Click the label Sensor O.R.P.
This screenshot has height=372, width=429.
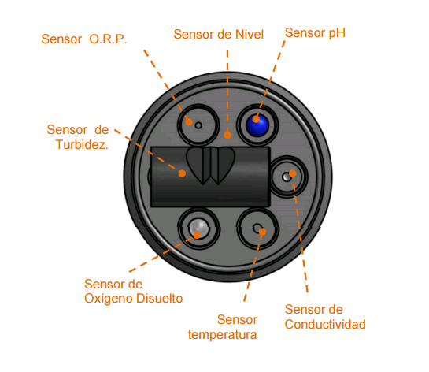(84, 39)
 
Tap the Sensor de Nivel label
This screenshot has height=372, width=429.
(218, 35)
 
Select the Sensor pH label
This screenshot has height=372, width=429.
(315, 33)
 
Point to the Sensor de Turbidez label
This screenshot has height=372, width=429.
(78, 137)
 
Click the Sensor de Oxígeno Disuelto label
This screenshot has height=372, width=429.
(133, 291)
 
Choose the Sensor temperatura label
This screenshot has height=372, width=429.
(223, 327)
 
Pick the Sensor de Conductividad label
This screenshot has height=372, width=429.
(325, 317)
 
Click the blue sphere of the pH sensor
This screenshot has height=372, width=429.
(257, 125)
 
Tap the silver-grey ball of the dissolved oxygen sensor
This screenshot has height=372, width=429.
(199, 229)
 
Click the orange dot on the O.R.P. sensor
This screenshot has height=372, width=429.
(189, 122)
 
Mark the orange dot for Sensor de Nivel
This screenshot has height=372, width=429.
(227, 135)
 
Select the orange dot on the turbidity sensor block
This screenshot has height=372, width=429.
(182, 173)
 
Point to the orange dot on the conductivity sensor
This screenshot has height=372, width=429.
(293, 173)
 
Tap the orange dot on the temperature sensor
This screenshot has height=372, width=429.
(262, 232)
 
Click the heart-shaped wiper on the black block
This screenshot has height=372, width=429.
(210, 166)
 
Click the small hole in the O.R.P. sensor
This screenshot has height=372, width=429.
(198, 126)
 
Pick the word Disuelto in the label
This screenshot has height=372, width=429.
(160, 299)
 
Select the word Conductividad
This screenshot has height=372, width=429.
(325, 325)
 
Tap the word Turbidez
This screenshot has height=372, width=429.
(82, 145)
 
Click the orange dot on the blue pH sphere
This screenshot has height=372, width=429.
(256, 119)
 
